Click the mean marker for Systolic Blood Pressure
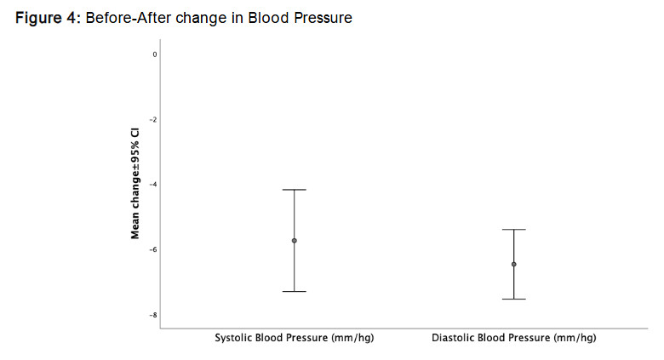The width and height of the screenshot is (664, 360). coord(295,241)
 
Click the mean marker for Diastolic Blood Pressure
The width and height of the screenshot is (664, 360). coord(513,265)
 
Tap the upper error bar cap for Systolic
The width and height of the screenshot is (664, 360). coord(295,190)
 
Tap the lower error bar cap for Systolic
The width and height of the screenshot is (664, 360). coord(295,292)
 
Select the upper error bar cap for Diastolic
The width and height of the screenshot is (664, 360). coord(513,230)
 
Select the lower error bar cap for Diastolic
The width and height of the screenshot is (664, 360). coord(513,300)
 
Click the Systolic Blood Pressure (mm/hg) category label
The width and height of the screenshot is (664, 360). coord(294,339)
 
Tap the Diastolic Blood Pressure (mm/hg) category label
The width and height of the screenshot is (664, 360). coord(513,339)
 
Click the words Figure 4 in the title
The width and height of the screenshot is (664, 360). coord(47,18)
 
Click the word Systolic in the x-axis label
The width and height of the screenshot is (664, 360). coord(234,339)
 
